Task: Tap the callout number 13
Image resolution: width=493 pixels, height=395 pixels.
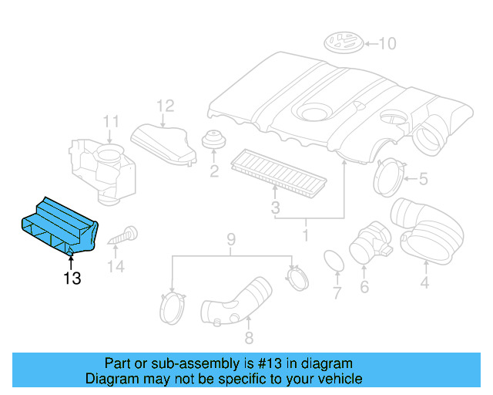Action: click(x=72, y=279)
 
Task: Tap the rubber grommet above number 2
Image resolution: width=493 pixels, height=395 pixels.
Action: click(x=213, y=141)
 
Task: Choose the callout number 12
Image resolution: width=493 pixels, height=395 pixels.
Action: click(x=166, y=106)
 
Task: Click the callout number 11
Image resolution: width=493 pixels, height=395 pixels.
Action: click(x=112, y=121)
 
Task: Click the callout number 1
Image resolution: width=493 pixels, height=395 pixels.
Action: click(x=305, y=231)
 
